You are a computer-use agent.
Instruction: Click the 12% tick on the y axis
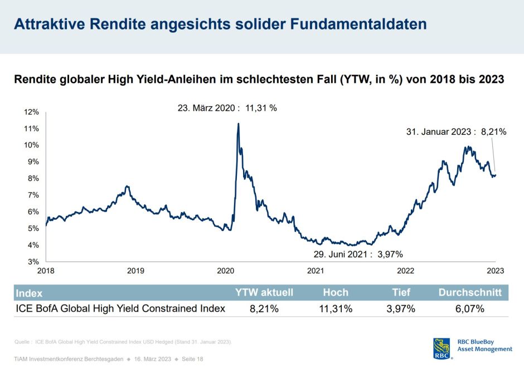(x=31, y=112)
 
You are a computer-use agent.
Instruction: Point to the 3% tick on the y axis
(x=33, y=262)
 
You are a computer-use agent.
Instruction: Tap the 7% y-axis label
(x=33, y=195)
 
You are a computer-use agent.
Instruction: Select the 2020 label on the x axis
(x=225, y=271)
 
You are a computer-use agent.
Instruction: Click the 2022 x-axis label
(x=405, y=271)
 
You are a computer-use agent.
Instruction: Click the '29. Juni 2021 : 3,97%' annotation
(x=357, y=254)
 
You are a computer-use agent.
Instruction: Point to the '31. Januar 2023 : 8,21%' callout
(x=455, y=132)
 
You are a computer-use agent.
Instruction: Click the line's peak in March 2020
(x=239, y=124)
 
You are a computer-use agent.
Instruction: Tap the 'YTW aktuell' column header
(x=264, y=292)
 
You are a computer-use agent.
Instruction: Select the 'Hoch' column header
(x=336, y=292)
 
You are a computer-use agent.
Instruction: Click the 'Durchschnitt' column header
(x=470, y=292)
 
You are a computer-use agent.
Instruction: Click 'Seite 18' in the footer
(x=192, y=359)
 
